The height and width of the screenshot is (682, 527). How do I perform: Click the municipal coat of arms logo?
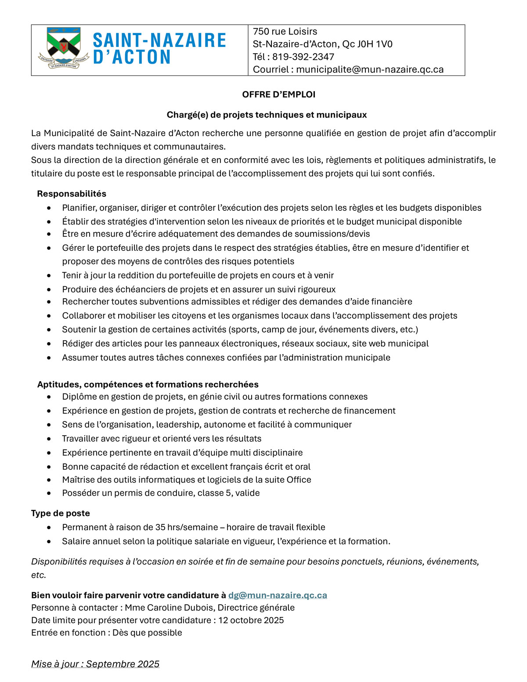click(x=64, y=47)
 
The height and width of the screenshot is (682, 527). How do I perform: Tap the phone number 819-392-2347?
click(x=303, y=57)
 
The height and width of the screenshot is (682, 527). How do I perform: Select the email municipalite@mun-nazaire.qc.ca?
click(x=370, y=69)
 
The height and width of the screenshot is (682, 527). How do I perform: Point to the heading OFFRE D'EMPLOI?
click(x=278, y=94)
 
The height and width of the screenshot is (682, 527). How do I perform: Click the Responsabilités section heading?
click(x=72, y=194)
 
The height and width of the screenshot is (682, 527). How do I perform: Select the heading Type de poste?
click(x=61, y=513)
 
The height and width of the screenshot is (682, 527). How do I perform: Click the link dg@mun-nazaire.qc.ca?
click(x=278, y=595)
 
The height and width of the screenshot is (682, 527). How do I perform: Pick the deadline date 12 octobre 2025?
click(x=251, y=620)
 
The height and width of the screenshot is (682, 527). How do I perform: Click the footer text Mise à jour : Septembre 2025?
click(x=95, y=664)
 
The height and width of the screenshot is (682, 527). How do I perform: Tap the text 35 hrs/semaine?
click(x=187, y=527)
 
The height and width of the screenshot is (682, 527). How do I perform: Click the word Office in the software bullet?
click(x=299, y=480)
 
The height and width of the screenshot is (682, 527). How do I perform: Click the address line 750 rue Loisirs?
click(x=285, y=32)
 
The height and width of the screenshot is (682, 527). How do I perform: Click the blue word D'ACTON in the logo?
click(x=132, y=57)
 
